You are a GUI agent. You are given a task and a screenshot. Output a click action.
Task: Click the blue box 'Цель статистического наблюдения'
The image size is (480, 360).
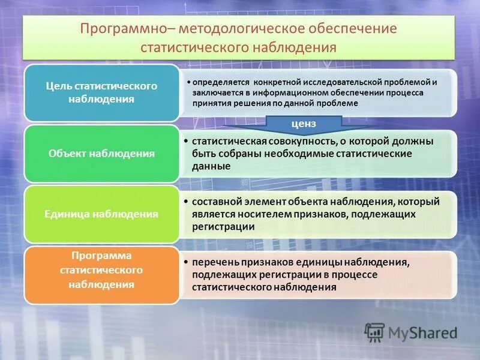pyautogui.click(x=101, y=92)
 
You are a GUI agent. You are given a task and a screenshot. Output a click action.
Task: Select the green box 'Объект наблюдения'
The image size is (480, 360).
pyautogui.click(x=101, y=154)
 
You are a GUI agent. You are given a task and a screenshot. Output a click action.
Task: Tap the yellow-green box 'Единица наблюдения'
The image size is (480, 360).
pyautogui.click(x=101, y=213)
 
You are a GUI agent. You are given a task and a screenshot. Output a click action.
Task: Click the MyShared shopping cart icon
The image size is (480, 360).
pyautogui.click(x=374, y=332)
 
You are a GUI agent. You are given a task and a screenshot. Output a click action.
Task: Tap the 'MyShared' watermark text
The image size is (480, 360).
pyautogui.click(x=422, y=332)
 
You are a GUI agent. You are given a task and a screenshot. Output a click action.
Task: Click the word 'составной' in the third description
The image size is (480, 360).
pyautogui.click(x=217, y=202)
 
